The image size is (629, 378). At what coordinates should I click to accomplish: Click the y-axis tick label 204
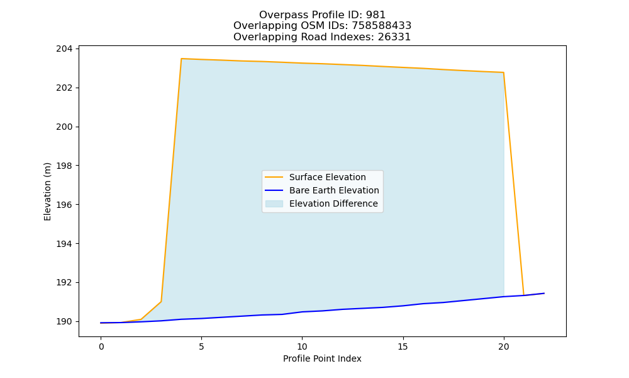[64, 49]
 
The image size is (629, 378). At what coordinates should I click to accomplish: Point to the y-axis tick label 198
[64, 166]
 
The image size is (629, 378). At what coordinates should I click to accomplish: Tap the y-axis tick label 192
[64, 283]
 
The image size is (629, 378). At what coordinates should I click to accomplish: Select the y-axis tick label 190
[64, 322]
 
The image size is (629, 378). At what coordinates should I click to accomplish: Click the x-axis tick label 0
[101, 347]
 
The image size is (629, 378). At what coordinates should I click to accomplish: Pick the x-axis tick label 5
[201, 347]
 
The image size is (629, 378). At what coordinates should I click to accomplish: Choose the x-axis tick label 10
[302, 347]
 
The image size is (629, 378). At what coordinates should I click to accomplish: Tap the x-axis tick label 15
[403, 347]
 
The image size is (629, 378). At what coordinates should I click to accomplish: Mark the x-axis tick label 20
[503, 347]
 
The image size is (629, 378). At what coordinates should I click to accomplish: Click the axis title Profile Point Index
[322, 358]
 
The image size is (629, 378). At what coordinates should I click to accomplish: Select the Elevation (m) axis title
[47, 192]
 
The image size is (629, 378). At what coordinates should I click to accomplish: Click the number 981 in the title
[376, 15]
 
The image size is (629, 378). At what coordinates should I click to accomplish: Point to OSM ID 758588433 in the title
[382, 26]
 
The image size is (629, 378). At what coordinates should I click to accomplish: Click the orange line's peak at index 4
[181, 59]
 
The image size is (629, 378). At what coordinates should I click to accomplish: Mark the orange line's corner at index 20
[503, 72]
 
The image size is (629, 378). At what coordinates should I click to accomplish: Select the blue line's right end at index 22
[544, 293]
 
